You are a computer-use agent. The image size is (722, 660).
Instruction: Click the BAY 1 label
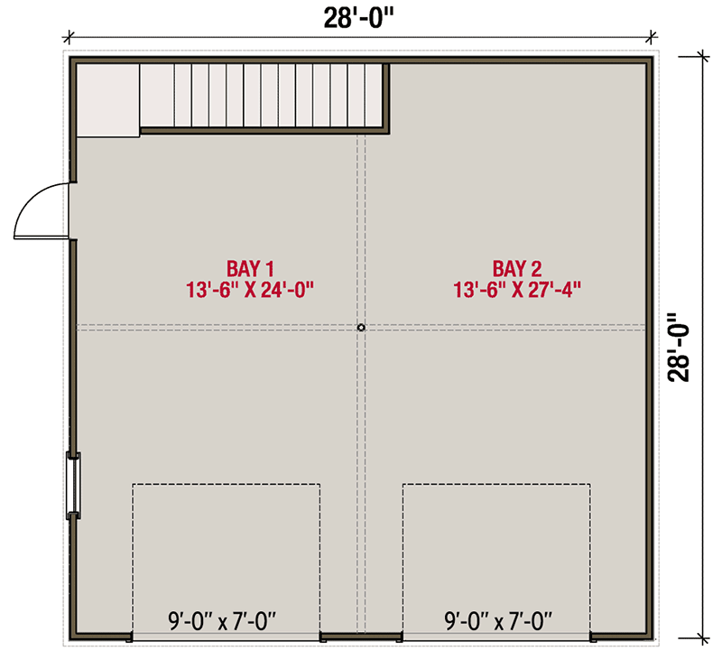[250, 268]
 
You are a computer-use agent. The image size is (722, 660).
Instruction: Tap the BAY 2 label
[516, 268]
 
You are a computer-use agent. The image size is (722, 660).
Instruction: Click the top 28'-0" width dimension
[359, 15]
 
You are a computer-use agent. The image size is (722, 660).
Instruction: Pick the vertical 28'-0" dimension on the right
[681, 348]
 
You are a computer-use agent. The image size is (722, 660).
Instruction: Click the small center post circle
[360, 328]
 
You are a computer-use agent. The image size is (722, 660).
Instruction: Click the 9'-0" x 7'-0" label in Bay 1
[222, 620]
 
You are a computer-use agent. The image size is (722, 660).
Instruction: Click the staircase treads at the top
[262, 95]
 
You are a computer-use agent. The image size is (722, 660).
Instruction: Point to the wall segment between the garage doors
[361, 637]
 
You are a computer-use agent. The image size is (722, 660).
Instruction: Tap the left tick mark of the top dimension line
[67, 38]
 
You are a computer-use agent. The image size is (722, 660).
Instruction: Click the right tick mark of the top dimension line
[653, 38]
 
